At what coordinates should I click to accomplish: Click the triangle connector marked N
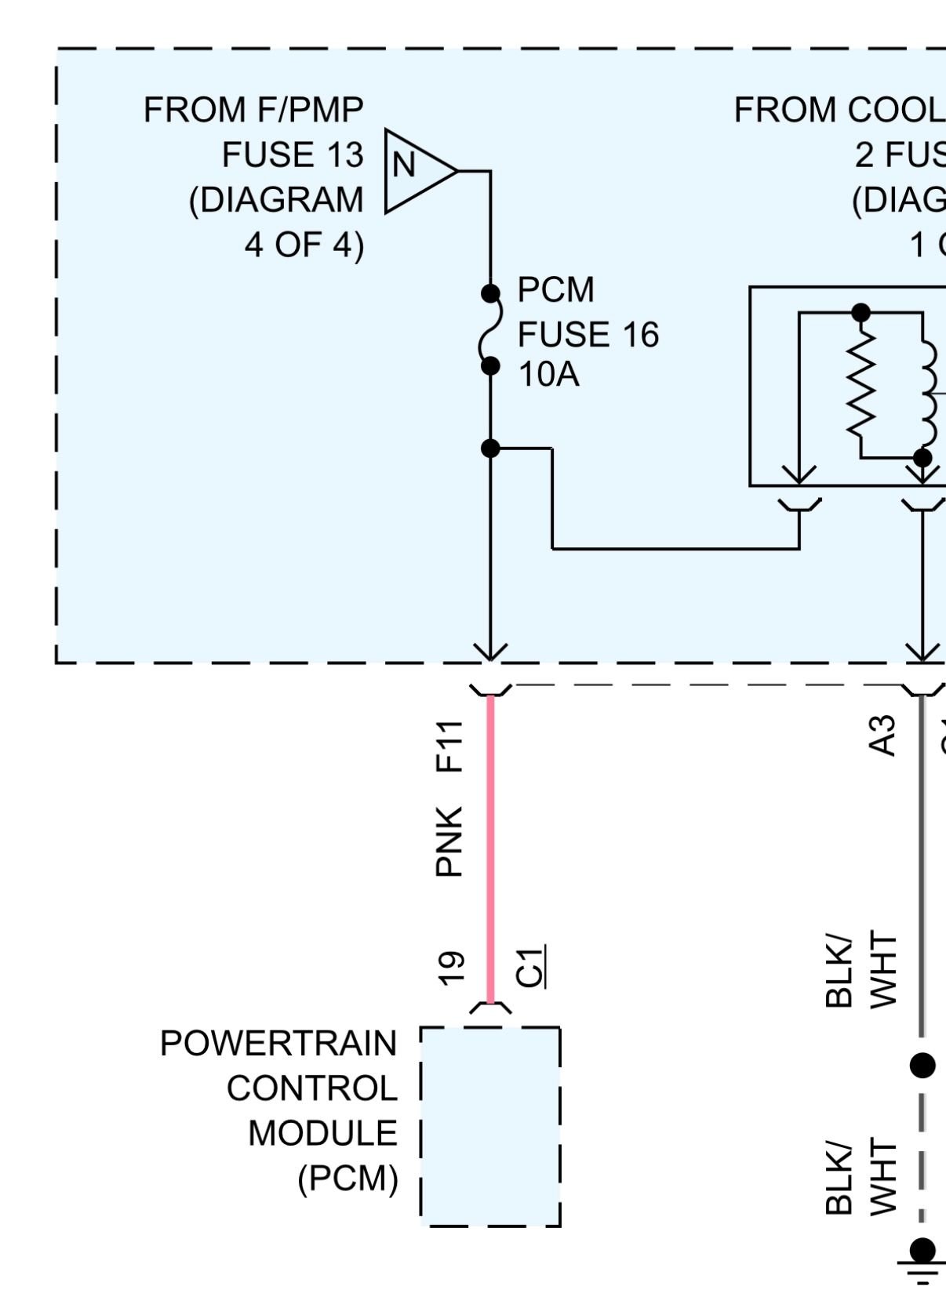(416, 170)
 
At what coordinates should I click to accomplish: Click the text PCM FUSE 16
(588, 312)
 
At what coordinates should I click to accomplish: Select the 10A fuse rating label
(548, 375)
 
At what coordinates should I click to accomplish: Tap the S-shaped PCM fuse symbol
(490, 329)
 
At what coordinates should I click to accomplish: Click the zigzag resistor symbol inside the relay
(860, 384)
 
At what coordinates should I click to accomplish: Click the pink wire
(490, 847)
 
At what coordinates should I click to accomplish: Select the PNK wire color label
(449, 841)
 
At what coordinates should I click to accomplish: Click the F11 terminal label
(449, 746)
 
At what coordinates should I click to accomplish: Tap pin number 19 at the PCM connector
(450, 968)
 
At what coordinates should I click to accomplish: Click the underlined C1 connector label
(531, 967)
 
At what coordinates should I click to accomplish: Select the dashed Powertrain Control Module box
(490, 1126)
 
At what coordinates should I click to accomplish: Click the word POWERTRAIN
(278, 1044)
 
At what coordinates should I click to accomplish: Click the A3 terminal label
(884, 736)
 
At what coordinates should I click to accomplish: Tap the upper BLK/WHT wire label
(860, 969)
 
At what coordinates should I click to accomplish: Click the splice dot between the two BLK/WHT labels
(922, 1065)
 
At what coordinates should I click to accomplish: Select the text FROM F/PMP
(253, 110)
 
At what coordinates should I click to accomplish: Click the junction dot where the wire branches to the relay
(490, 449)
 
